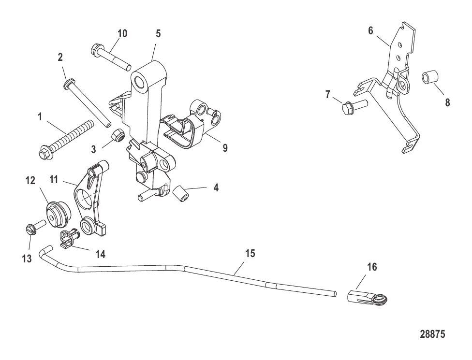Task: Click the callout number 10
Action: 122,33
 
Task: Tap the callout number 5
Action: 158,33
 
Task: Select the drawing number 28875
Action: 432,334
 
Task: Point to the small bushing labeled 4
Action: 181,194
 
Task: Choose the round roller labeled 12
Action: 58,214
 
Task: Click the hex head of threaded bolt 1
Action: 45,154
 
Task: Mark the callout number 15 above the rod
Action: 250,253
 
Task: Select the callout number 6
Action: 370,30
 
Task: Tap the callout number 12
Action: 30,180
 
